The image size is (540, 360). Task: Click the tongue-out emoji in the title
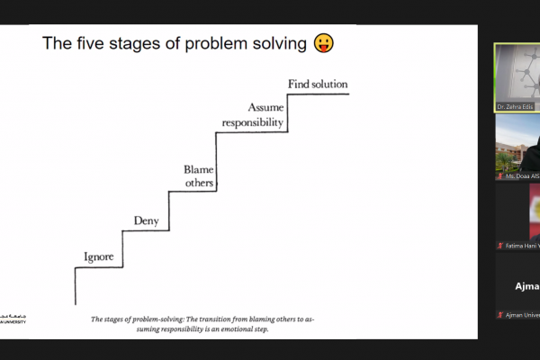point(323,43)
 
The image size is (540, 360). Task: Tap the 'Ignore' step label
point(98,257)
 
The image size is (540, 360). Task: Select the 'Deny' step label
point(146,220)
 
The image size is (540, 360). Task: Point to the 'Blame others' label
point(198,176)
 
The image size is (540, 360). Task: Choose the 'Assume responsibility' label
point(253,114)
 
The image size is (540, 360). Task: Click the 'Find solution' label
point(318,85)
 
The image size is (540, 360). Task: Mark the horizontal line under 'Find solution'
point(317,93)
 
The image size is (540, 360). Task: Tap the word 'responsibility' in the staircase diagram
point(253,121)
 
